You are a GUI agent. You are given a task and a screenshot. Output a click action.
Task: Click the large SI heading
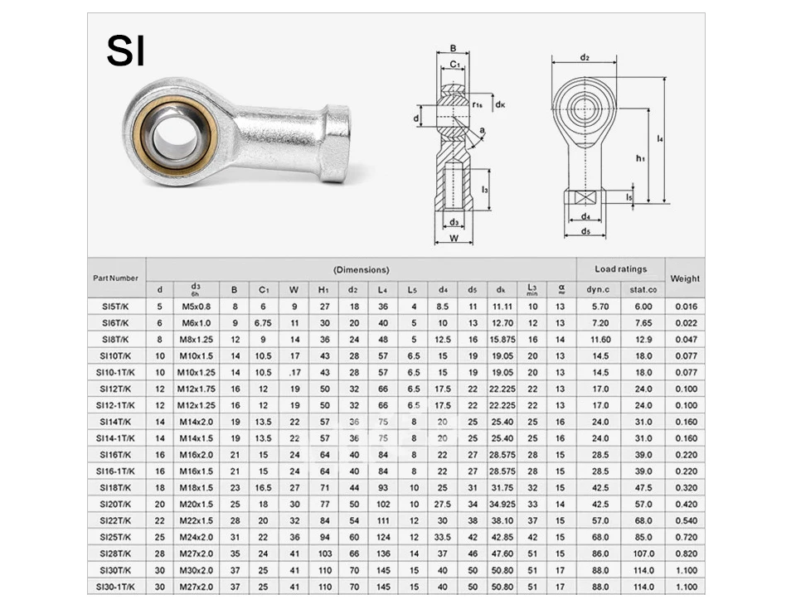(x=125, y=51)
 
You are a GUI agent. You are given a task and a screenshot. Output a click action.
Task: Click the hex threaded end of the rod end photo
(x=336, y=143)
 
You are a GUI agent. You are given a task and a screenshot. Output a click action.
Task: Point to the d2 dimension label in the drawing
(x=585, y=57)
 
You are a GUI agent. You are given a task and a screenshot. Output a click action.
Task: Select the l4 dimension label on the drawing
(x=660, y=138)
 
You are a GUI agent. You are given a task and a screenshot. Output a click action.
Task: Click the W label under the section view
(x=454, y=238)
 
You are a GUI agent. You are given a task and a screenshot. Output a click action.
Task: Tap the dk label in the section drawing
(x=500, y=104)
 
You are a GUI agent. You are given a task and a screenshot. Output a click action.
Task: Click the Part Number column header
(x=116, y=278)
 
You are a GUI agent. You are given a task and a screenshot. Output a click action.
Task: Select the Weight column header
(x=685, y=278)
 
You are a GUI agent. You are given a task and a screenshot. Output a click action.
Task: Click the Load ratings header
(x=620, y=269)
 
